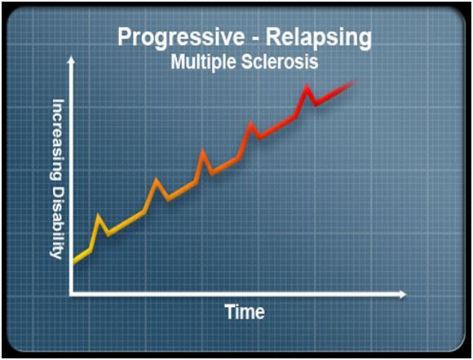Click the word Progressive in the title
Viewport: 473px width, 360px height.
tap(181, 38)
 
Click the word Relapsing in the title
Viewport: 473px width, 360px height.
tap(319, 38)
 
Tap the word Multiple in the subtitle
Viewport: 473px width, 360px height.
tap(203, 63)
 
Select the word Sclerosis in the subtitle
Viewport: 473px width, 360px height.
tap(280, 62)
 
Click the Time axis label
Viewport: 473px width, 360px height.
tap(245, 312)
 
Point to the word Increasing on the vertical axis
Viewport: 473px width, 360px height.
tap(57, 140)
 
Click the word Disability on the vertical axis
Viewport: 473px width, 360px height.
tap(57, 222)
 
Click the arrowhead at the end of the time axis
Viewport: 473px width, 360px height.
tap(403, 294)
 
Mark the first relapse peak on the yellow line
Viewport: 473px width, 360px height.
tap(99, 216)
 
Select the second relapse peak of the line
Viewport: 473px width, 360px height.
tap(156, 180)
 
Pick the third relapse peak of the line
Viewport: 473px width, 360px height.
tap(203, 151)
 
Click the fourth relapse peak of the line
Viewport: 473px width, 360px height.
tap(250, 123)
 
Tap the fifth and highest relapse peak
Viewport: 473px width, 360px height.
tap(307, 87)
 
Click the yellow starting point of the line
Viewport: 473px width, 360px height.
tap(75, 261)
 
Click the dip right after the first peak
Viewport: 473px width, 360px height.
tap(108, 233)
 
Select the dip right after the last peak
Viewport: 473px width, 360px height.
tap(316, 104)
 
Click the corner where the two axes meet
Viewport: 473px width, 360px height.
tap(71, 294)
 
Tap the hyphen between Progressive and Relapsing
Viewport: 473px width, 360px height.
tap(255, 39)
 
